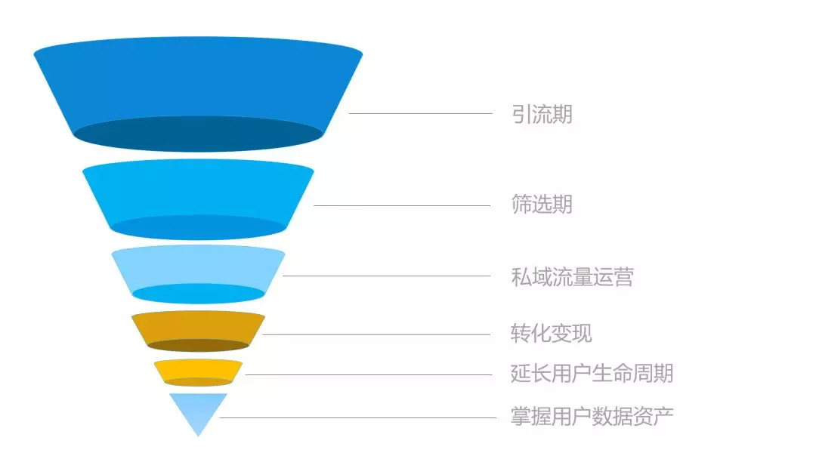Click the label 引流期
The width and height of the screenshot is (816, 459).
pyautogui.click(x=542, y=115)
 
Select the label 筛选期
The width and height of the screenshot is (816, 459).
pyautogui.click(x=542, y=204)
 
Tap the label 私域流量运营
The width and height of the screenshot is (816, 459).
pyautogui.click(x=572, y=276)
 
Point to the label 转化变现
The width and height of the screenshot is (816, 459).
pyautogui.click(x=552, y=333)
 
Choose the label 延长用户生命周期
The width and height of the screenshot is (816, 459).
pyautogui.click(x=592, y=373)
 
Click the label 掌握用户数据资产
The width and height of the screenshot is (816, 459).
pyautogui.click(x=592, y=416)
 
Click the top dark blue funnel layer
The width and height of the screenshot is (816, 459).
pyautogui.click(x=198, y=83)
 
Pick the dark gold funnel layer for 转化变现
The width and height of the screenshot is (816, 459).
pyautogui.click(x=198, y=325)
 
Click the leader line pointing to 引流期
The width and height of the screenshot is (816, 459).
pyautogui.click(x=420, y=113)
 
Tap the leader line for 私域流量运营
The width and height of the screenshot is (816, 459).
pyautogui.click(x=386, y=276)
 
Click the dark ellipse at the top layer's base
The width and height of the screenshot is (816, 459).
pyautogui.click(x=198, y=134)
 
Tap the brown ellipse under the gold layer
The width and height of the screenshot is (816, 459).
pyautogui.click(x=198, y=345)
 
